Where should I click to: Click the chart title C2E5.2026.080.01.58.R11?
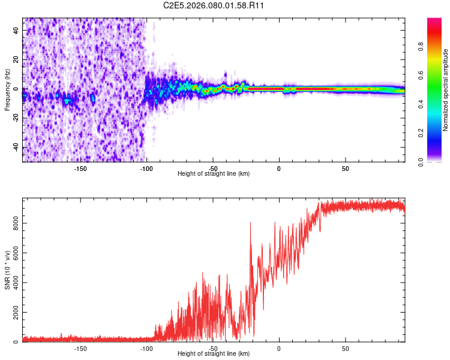(215, 5)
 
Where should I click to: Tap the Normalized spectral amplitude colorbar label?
(445, 90)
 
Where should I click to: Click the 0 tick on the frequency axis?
(16, 89)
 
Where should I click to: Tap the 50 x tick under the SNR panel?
(345, 349)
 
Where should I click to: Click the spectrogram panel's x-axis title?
(214, 174)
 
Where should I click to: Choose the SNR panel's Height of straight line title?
(214, 354)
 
